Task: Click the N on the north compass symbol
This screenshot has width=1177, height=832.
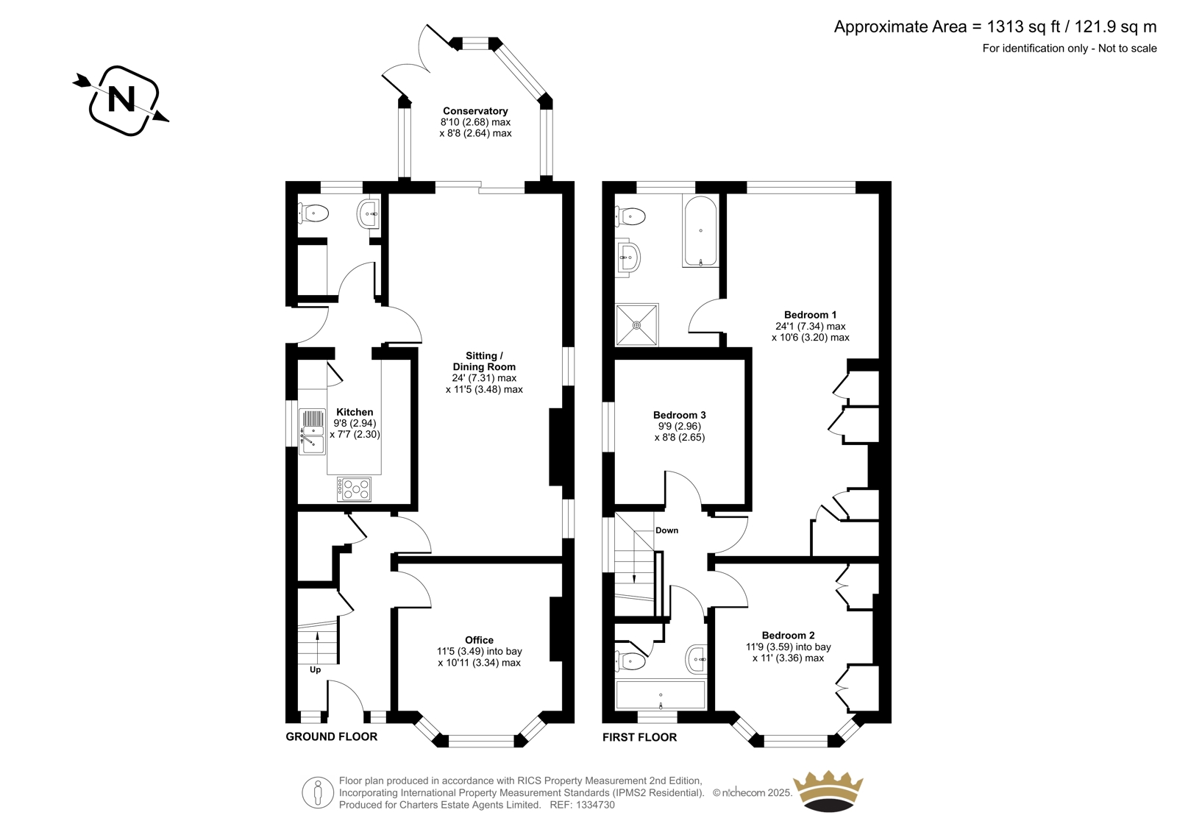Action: point(121,99)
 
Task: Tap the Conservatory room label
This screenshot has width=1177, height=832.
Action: point(475,111)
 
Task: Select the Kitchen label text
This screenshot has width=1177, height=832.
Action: point(355,412)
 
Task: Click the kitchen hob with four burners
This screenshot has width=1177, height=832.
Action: point(354,489)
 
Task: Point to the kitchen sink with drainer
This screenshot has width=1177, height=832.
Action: point(312,432)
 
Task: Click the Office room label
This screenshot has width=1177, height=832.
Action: point(479,640)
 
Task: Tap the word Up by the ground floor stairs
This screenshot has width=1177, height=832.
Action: point(316,670)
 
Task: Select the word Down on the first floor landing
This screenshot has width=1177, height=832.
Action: point(666,530)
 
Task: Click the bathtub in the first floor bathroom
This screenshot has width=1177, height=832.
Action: point(700,231)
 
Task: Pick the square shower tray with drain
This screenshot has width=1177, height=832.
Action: point(637,325)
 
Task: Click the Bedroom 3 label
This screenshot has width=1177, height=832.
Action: point(680,415)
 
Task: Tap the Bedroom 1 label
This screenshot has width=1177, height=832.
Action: point(810,315)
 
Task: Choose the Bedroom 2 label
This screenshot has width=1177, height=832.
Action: point(788,636)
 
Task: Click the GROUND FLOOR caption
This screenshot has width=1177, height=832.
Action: point(332,737)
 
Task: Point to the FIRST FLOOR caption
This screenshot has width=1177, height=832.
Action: point(639,737)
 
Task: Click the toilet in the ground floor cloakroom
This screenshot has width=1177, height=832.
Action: point(313,213)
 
